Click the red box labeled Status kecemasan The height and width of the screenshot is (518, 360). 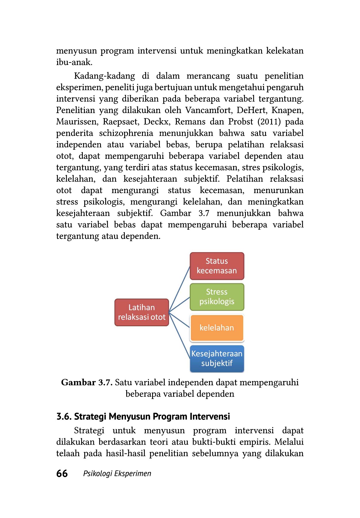[x=217, y=266]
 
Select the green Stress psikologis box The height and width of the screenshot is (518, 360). [x=217, y=297]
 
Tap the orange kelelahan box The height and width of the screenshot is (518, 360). [x=217, y=328]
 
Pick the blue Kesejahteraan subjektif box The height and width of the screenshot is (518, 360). [x=217, y=359]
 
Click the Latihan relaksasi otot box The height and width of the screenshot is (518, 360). [x=141, y=312]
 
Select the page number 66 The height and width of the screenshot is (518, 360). [x=62, y=473]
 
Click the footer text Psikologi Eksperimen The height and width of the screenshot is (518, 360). [x=117, y=474]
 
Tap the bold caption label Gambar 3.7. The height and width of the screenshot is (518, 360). [x=87, y=382]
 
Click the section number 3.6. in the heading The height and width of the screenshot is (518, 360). [x=64, y=416]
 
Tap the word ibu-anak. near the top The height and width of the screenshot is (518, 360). [x=74, y=62]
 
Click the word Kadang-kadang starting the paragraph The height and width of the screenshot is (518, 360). [x=104, y=76]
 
